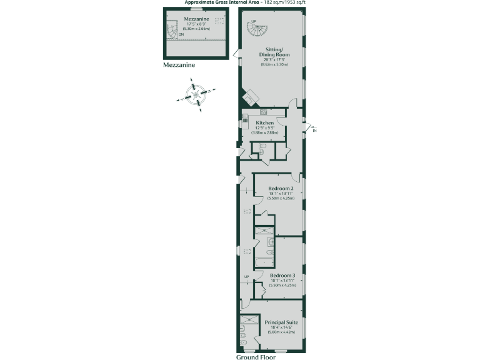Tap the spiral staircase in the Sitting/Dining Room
pos(261,29)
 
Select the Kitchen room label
pos(265,123)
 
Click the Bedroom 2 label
pos(281,188)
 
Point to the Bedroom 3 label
pos(282,274)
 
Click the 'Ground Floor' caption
pos(256,357)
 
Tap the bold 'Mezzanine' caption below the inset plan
pos(180,64)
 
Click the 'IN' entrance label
pos(314,131)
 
